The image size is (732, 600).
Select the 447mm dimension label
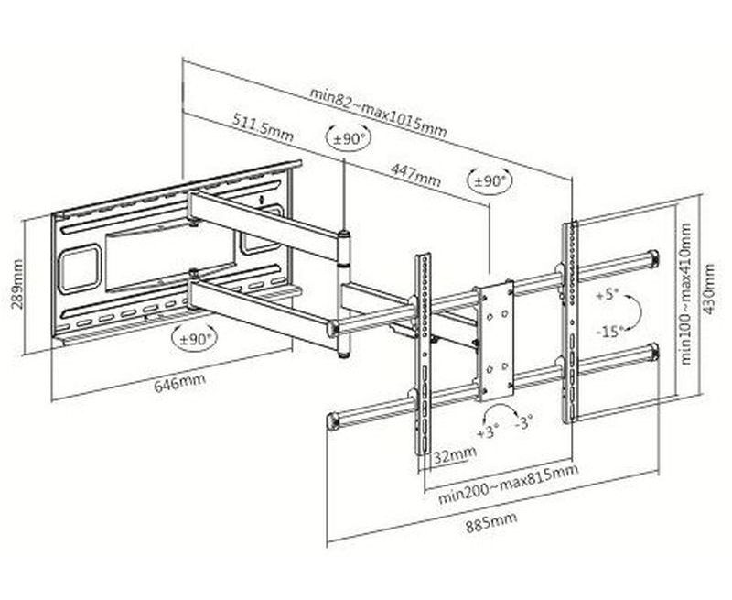[414, 173]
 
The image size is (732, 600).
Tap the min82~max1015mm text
[377, 108]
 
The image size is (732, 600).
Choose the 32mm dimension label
[455, 454]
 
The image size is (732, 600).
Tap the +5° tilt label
[608, 296]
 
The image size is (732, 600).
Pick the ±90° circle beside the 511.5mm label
[350, 139]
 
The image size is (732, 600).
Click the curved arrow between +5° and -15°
[633, 311]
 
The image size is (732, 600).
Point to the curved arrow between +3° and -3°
[506, 412]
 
